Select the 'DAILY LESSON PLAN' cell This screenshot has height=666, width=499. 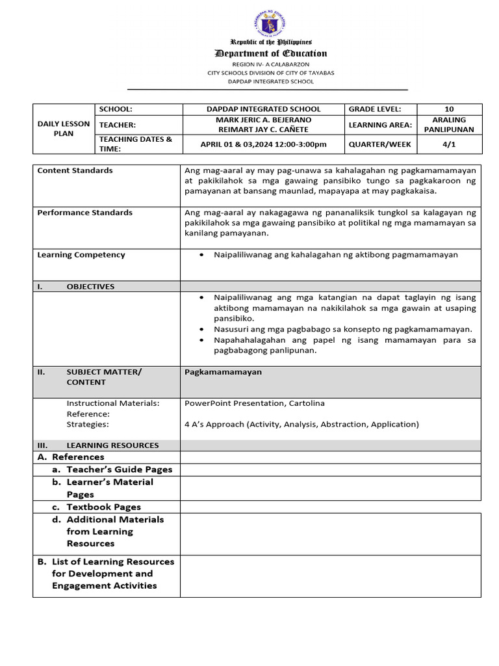tap(64, 129)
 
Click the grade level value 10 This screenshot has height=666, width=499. tap(449, 109)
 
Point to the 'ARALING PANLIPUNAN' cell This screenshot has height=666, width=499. tap(449, 124)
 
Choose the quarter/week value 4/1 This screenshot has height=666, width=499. tap(449, 144)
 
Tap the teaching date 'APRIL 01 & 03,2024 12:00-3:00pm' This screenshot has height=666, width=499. tap(263, 144)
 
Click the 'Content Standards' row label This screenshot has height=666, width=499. tap(75, 170)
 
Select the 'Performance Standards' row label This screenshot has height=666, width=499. tap(84, 213)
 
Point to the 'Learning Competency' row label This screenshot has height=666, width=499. tap(81, 255)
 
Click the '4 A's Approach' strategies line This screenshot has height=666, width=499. tap(301, 424)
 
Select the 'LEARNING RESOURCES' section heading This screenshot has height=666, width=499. tap(112, 446)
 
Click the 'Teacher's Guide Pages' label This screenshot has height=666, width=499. tap(119, 470)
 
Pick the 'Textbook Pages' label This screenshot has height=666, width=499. tap(103, 507)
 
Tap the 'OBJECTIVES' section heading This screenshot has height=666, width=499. tap(90, 286)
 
